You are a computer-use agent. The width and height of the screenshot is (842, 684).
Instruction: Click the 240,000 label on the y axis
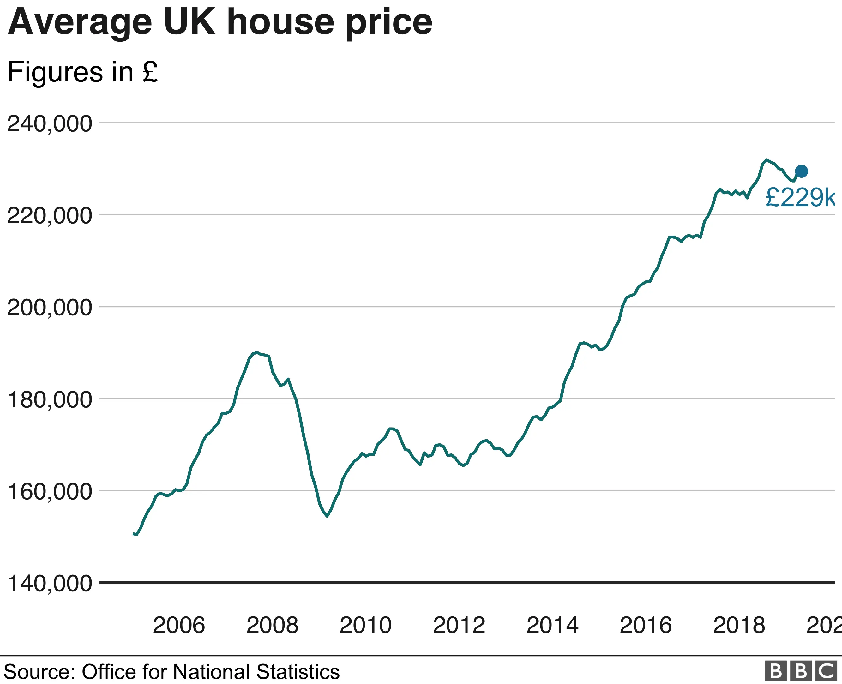(50, 124)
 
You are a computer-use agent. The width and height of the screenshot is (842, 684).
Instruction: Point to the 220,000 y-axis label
(50, 216)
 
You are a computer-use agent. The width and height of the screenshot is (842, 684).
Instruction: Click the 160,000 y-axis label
(50, 492)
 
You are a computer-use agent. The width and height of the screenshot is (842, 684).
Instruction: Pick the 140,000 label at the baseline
(50, 584)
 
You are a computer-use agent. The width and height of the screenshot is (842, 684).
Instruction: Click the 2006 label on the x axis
(179, 625)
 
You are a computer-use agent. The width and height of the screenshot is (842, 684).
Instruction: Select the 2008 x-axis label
(272, 625)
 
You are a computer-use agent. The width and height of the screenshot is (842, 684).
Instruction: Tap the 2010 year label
(366, 625)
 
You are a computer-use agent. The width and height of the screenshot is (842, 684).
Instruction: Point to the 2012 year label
(459, 625)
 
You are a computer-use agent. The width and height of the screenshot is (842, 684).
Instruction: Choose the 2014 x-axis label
(552, 625)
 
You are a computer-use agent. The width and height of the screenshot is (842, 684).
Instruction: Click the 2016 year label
(646, 625)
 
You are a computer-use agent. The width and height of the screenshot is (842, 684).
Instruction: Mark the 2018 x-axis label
(739, 625)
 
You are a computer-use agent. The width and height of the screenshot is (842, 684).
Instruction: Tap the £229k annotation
(800, 197)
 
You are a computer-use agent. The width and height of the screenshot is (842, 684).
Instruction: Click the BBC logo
(801, 671)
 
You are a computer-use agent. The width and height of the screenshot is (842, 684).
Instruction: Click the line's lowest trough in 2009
(327, 516)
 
